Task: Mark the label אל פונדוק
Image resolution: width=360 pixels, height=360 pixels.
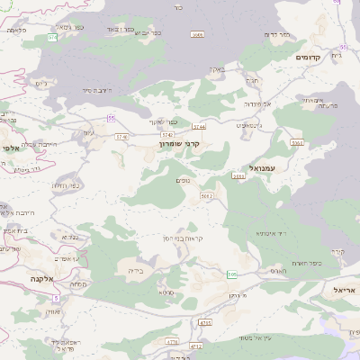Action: coord(253,103)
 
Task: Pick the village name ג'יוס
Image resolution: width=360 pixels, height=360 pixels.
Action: coord(41,83)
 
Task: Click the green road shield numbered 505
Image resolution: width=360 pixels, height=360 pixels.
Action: coord(233,274)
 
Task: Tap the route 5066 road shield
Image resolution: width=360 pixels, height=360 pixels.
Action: coord(198,34)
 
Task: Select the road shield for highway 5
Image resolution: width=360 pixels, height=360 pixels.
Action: coord(56,297)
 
